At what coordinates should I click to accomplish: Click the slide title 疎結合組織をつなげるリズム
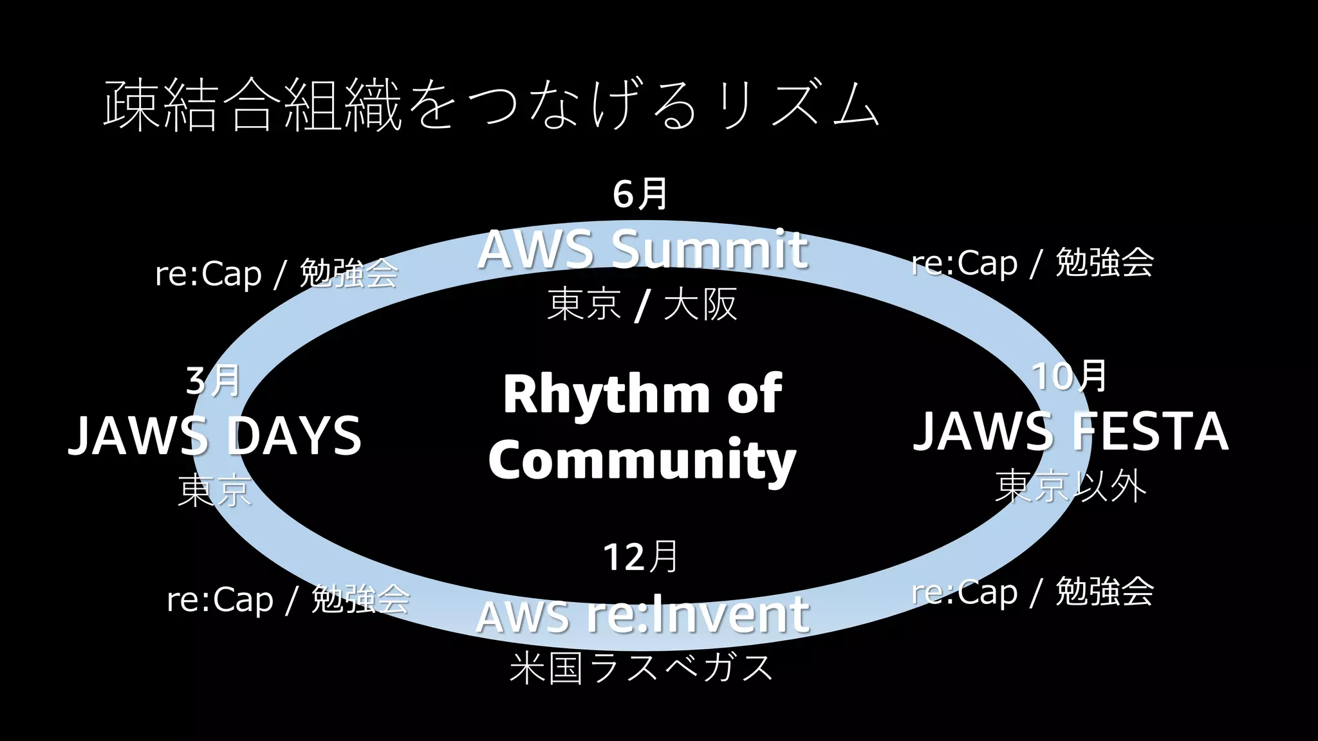pos(490,105)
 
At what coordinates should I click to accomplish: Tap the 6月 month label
pos(640,194)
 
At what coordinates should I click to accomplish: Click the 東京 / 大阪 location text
pos(642,304)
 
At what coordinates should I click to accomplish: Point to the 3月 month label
pos(213,381)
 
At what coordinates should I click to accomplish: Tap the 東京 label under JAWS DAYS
pos(214,490)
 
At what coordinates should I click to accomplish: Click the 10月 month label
pos(1070,376)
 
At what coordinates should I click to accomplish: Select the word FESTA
pos(1151,431)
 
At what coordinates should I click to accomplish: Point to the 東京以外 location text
pos(1070,486)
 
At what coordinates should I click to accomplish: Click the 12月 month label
pos(641,557)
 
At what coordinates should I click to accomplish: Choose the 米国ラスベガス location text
pos(641,668)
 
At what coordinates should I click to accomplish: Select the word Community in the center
pos(642,459)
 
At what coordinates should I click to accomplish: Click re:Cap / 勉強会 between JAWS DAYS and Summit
pos(277,273)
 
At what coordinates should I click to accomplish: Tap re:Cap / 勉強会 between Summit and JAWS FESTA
pos(1032,262)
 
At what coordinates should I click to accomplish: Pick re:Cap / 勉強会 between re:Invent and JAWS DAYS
pos(288,599)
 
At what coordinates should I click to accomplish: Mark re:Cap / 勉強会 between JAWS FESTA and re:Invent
pos(1032,592)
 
